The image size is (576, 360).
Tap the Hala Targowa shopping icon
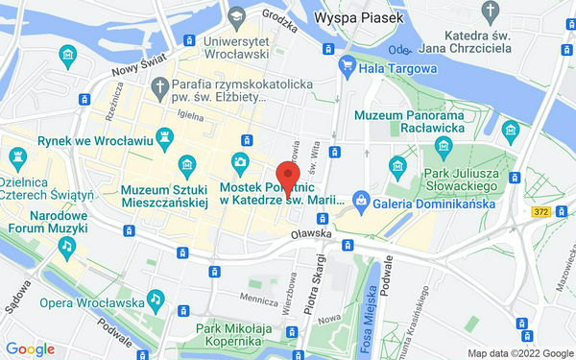[347, 68]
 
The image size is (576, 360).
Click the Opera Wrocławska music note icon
[154, 299]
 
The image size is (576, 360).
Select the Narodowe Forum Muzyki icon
[66, 246]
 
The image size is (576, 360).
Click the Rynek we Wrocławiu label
[95, 140]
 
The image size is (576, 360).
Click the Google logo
[30, 349]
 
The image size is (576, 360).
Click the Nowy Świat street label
[133, 68]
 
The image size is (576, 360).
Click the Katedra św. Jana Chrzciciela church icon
[492, 13]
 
